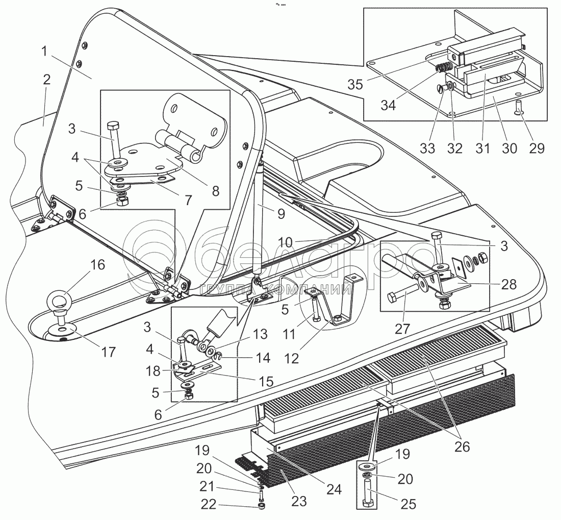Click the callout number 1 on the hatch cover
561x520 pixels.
(x=45, y=52)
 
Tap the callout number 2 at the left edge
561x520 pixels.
(x=47, y=80)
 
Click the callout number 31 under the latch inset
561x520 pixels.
(x=482, y=148)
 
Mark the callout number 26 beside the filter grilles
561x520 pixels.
(x=462, y=447)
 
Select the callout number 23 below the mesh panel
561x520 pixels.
(x=299, y=501)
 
